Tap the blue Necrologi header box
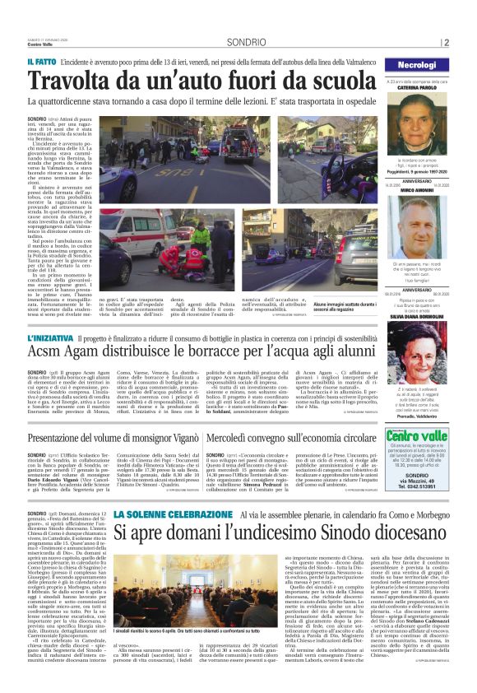pyautogui.click(x=417, y=64)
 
